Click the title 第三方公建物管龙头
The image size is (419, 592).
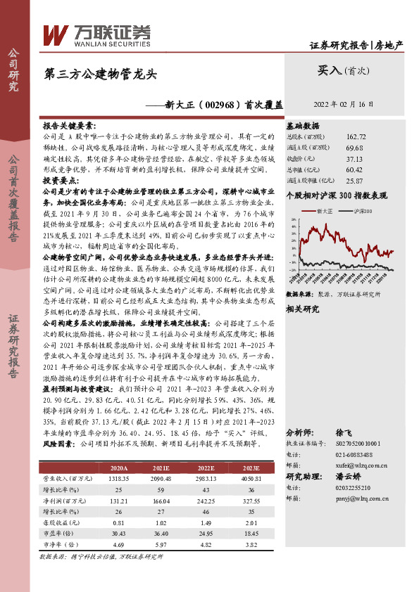tap(100, 73)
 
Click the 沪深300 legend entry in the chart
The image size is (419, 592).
tap(363, 210)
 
